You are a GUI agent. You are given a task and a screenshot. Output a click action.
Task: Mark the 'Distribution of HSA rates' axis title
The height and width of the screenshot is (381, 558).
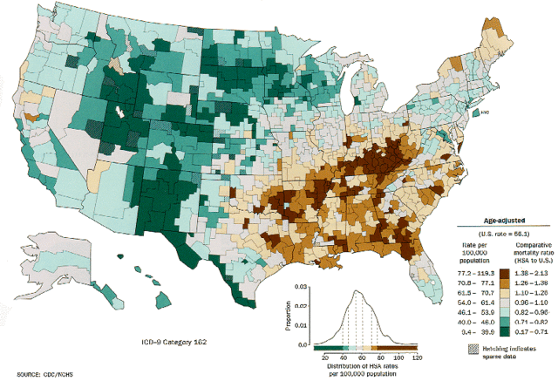tap(371, 365)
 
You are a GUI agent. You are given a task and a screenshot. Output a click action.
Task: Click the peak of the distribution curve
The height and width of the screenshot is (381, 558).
tap(357, 292)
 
